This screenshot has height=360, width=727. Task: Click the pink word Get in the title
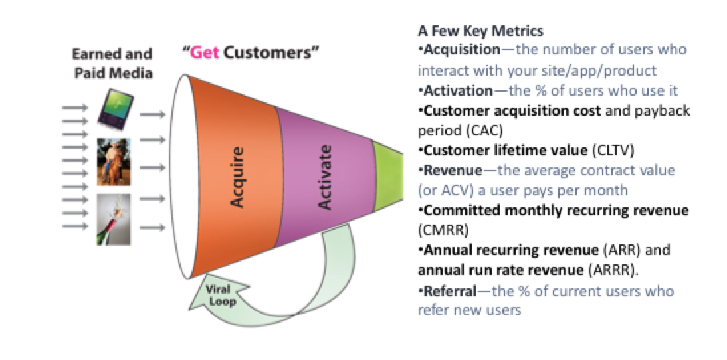[x=205, y=53]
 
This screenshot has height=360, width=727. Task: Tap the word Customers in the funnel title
[x=268, y=53]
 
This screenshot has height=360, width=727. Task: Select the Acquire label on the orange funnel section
[x=237, y=177]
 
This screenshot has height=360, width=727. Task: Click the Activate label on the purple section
[x=325, y=177]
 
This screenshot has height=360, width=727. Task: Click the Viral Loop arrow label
[x=219, y=296]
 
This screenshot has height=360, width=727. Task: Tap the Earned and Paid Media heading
[x=113, y=64]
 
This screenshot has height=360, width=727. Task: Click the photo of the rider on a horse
[x=114, y=161]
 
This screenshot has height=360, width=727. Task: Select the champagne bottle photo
[x=114, y=219]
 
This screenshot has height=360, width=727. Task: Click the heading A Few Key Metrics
[x=480, y=31]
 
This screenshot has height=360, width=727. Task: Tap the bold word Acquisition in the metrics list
[x=463, y=49]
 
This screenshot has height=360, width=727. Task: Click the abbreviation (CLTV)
[x=613, y=151]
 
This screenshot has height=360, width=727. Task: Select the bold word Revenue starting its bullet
[x=453, y=171]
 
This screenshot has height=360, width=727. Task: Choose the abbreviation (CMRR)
[x=443, y=230]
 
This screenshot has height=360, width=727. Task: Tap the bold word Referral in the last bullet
[x=450, y=291]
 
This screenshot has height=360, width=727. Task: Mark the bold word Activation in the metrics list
[x=459, y=90]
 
